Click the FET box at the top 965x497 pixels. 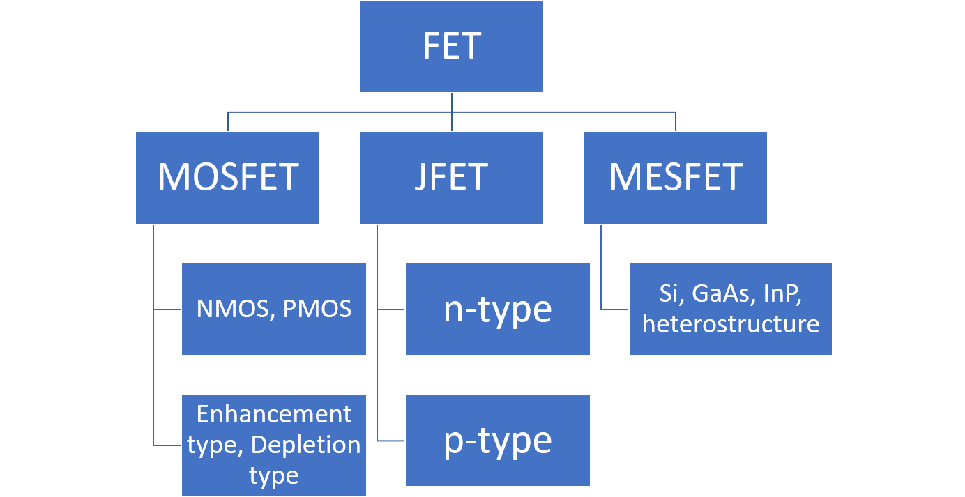pyautogui.click(x=451, y=46)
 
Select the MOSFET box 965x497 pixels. pyautogui.click(x=227, y=178)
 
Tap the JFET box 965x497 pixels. pyautogui.click(x=451, y=178)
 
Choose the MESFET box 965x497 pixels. pyautogui.click(x=675, y=178)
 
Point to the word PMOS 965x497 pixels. pyautogui.click(x=317, y=309)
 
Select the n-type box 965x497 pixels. pyautogui.click(x=497, y=309)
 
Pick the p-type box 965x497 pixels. pyautogui.click(x=497, y=441)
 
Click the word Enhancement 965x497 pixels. pyautogui.click(x=273, y=414)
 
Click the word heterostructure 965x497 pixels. pyautogui.click(x=730, y=324)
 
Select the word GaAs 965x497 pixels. pyautogui.click(x=715, y=293)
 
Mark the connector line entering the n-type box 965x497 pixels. pyautogui.click(x=392, y=309)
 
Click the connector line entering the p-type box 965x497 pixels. pyautogui.click(x=392, y=441)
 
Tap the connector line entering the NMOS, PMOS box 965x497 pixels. pyautogui.click(x=168, y=309)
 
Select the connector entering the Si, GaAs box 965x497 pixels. pyautogui.click(x=615, y=309)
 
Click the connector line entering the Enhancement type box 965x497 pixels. pyautogui.click(x=168, y=445)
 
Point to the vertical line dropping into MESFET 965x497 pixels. pyautogui.click(x=675, y=123)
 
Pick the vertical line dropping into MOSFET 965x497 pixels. pyautogui.click(x=227, y=123)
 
